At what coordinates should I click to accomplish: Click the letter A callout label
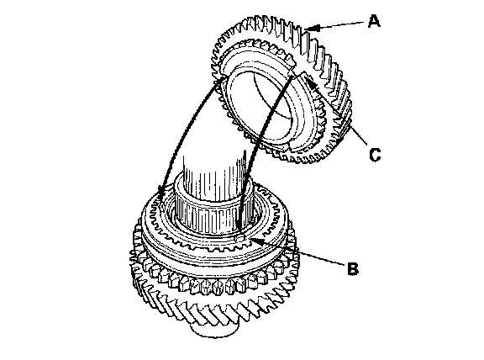point(374,22)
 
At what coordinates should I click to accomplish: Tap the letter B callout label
point(353,268)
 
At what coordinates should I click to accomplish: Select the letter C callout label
point(375,155)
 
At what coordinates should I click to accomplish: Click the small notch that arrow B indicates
point(240,238)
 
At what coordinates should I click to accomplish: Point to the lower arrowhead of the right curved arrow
point(239,222)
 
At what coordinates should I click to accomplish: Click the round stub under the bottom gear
point(214,330)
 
